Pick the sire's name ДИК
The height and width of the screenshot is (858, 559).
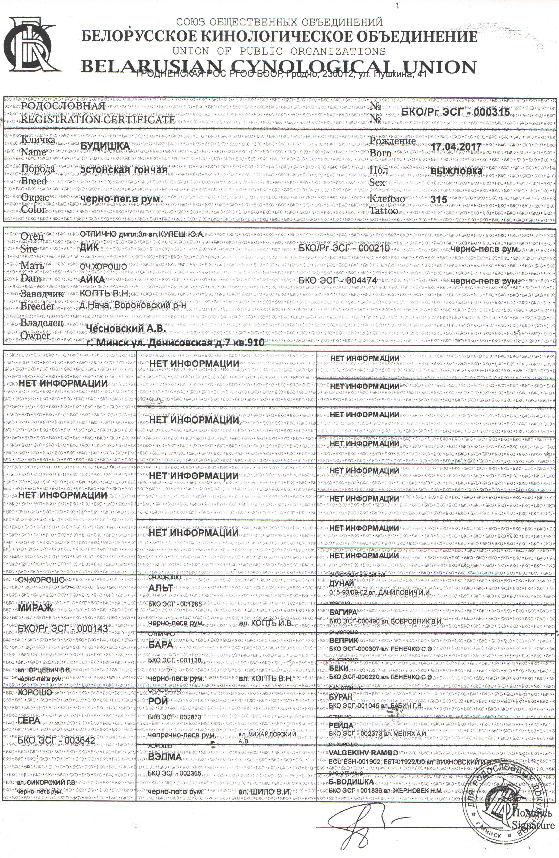[x=89, y=247]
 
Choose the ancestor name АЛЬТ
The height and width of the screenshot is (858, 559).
[x=161, y=588]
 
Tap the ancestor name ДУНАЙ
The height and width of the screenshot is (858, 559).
[x=341, y=583]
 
